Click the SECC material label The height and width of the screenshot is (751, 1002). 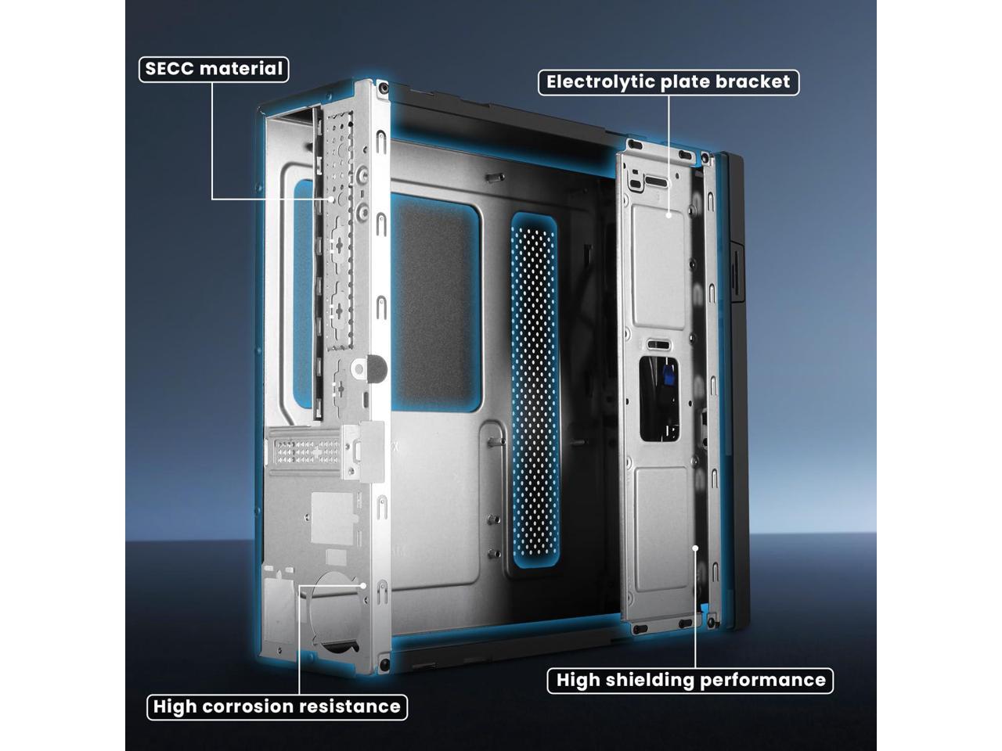tap(214, 69)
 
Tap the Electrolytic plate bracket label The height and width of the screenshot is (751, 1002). tap(668, 82)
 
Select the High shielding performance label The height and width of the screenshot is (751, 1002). tap(690, 680)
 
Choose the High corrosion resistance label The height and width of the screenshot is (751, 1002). tap(276, 706)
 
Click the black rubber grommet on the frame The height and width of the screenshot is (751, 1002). tap(378, 368)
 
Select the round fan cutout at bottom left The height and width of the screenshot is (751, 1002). tap(335, 609)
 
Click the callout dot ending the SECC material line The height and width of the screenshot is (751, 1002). tap(332, 199)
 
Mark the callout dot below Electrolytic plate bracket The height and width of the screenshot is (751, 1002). tap(668, 214)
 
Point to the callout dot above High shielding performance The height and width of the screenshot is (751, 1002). tap(694, 548)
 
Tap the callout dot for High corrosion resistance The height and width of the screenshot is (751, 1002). tap(364, 584)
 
